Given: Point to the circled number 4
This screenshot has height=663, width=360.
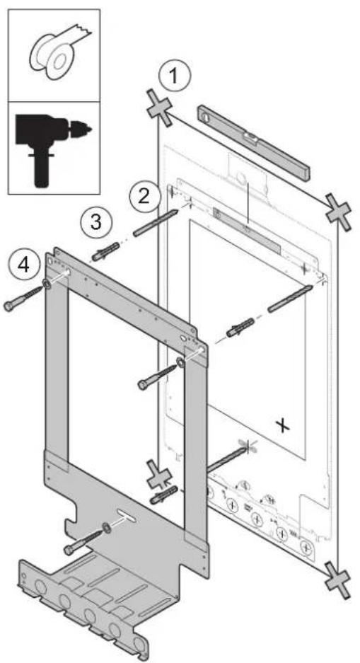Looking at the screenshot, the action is pyautogui.click(x=23, y=265).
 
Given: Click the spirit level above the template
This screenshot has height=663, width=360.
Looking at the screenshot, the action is pyautogui.click(x=254, y=142).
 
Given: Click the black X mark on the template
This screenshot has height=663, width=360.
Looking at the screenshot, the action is pyautogui.click(x=283, y=425).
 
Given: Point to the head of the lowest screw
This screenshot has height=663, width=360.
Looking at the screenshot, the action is pyautogui.click(x=69, y=549).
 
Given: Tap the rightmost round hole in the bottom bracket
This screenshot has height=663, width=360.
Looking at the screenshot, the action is pyautogui.click(x=138, y=645).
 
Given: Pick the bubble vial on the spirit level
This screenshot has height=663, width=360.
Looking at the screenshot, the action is pyautogui.click(x=252, y=137).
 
